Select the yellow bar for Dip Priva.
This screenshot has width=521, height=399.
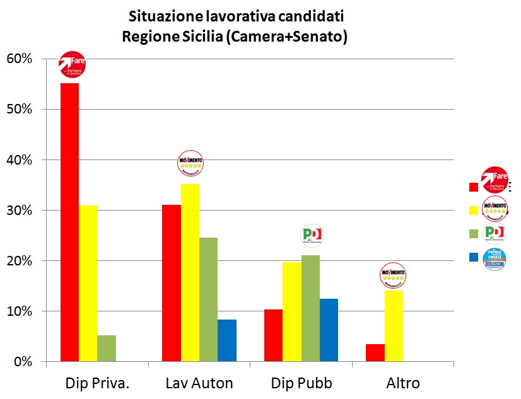(x=88, y=283)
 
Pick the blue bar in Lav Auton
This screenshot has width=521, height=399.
(x=227, y=340)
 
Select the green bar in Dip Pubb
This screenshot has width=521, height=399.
(x=310, y=308)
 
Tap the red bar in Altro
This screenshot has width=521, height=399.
(x=375, y=352)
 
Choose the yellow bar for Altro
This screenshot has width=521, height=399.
(x=394, y=325)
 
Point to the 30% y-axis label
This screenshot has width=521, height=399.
(x=19, y=211)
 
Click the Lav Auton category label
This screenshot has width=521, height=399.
(x=199, y=383)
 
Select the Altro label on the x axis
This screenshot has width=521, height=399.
(x=402, y=383)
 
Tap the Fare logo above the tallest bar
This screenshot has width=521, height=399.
(x=72, y=63)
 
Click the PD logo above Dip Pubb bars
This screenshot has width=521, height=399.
(x=312, y=235)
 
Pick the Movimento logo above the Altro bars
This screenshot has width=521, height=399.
(x=392, y=275)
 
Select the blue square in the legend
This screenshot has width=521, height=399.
(x=473, y=257)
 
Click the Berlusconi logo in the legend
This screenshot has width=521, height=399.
(x=494, y=257)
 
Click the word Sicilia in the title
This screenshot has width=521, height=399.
(x=194, y=37)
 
